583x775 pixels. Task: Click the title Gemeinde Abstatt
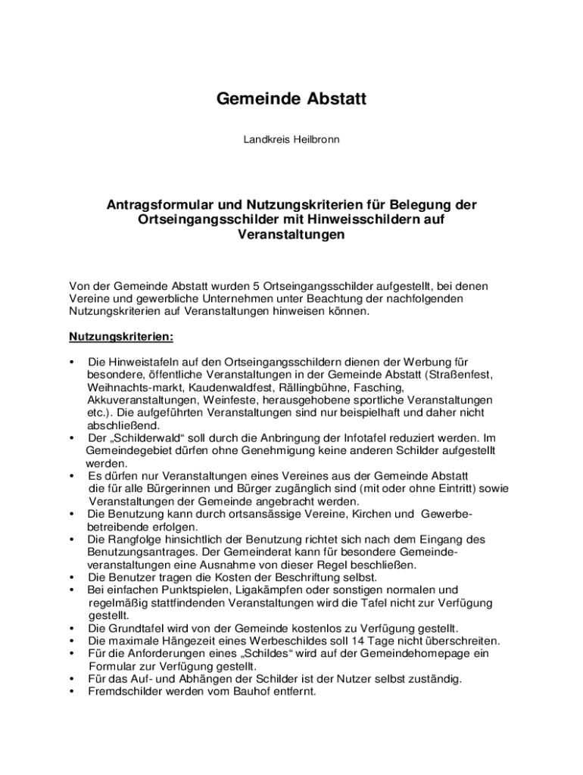291,99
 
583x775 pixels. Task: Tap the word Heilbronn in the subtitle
314,140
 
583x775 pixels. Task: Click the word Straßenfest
463,374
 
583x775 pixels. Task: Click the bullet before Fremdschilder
71,691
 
